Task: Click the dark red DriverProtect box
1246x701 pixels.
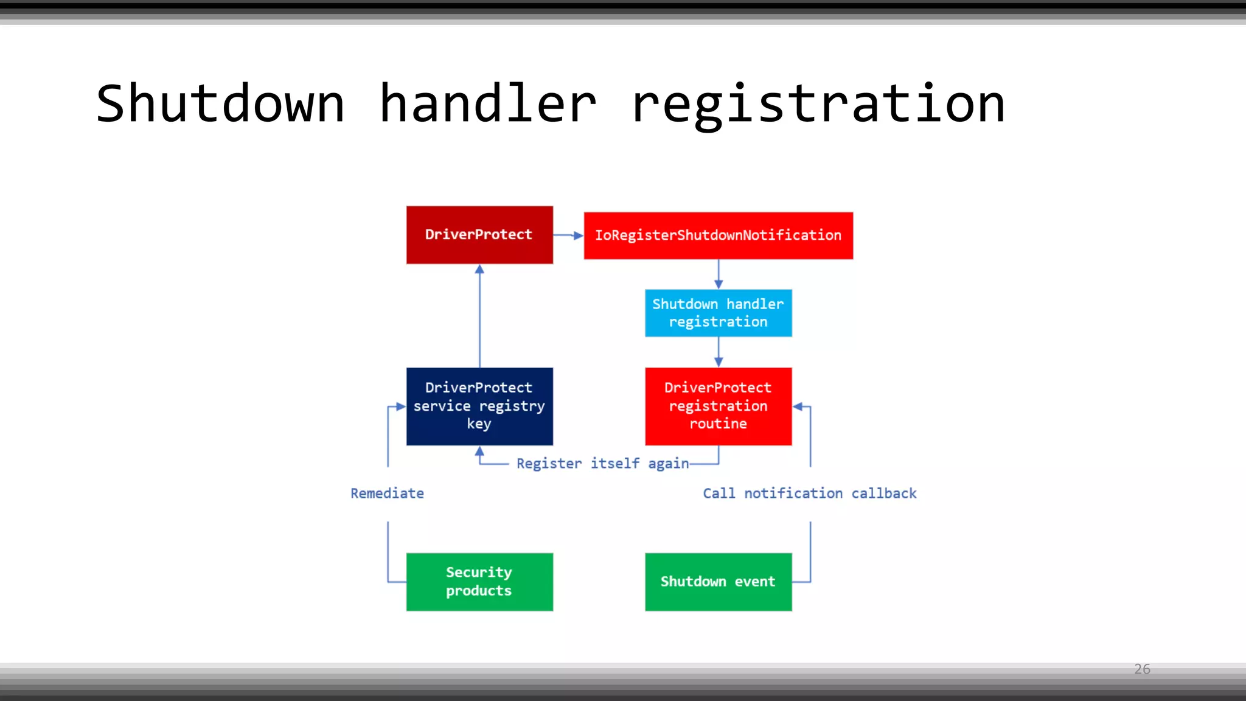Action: click(479, 235)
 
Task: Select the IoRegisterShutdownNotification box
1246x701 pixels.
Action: click(718, 235)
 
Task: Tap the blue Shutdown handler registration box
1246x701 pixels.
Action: click(718, 313)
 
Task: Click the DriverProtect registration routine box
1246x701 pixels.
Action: click(718, 406)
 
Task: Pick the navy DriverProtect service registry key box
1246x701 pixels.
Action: click(479, 406)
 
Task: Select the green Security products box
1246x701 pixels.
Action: click(479, 582)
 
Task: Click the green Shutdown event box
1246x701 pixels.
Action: click(718, 582)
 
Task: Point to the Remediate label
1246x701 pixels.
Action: click(387, 493)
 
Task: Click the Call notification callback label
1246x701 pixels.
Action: click(809, 493)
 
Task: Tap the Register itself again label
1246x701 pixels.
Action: click(602, 464)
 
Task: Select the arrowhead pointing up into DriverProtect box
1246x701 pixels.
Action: click(479, 270)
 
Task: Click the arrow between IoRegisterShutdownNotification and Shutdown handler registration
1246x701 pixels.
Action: click(719, 274)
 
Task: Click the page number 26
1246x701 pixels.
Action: click(1142, 669)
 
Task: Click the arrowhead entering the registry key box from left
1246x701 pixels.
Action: click(400, 406)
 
